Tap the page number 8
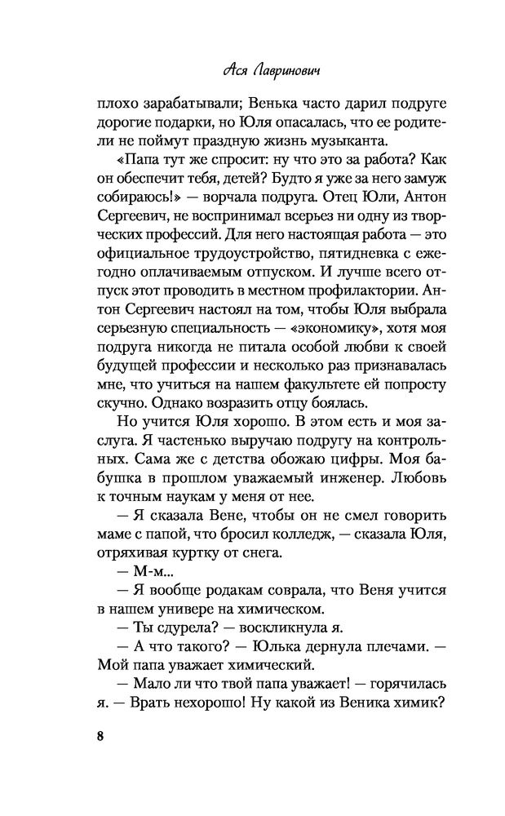coord(101,736)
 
